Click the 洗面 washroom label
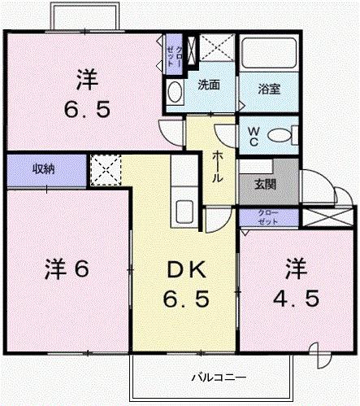[x=208, y=85]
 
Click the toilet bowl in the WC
[x=281, y=134]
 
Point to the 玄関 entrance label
[x=265, y=184]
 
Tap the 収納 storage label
[x=45, y=170]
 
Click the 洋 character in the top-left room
[x=87, y=80]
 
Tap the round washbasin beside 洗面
[x=175, y=93]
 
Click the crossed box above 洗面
[x=215, y=49]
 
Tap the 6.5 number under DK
[x=188, y=299]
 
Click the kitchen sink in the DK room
[x=184, y=212]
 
